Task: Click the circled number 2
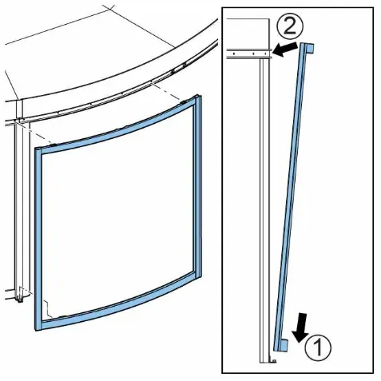290,26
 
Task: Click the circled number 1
318,347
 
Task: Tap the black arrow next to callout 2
286,50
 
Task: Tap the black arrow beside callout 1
301,327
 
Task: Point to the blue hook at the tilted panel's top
310,48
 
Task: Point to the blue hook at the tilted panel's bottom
283,344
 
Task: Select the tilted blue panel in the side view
292,196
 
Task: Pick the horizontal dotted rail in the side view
249,54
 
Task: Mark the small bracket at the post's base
273,360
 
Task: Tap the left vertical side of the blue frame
38,239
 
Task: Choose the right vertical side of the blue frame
197,186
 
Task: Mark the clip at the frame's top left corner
54,145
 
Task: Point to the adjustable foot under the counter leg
19,298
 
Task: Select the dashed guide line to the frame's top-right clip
167,92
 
